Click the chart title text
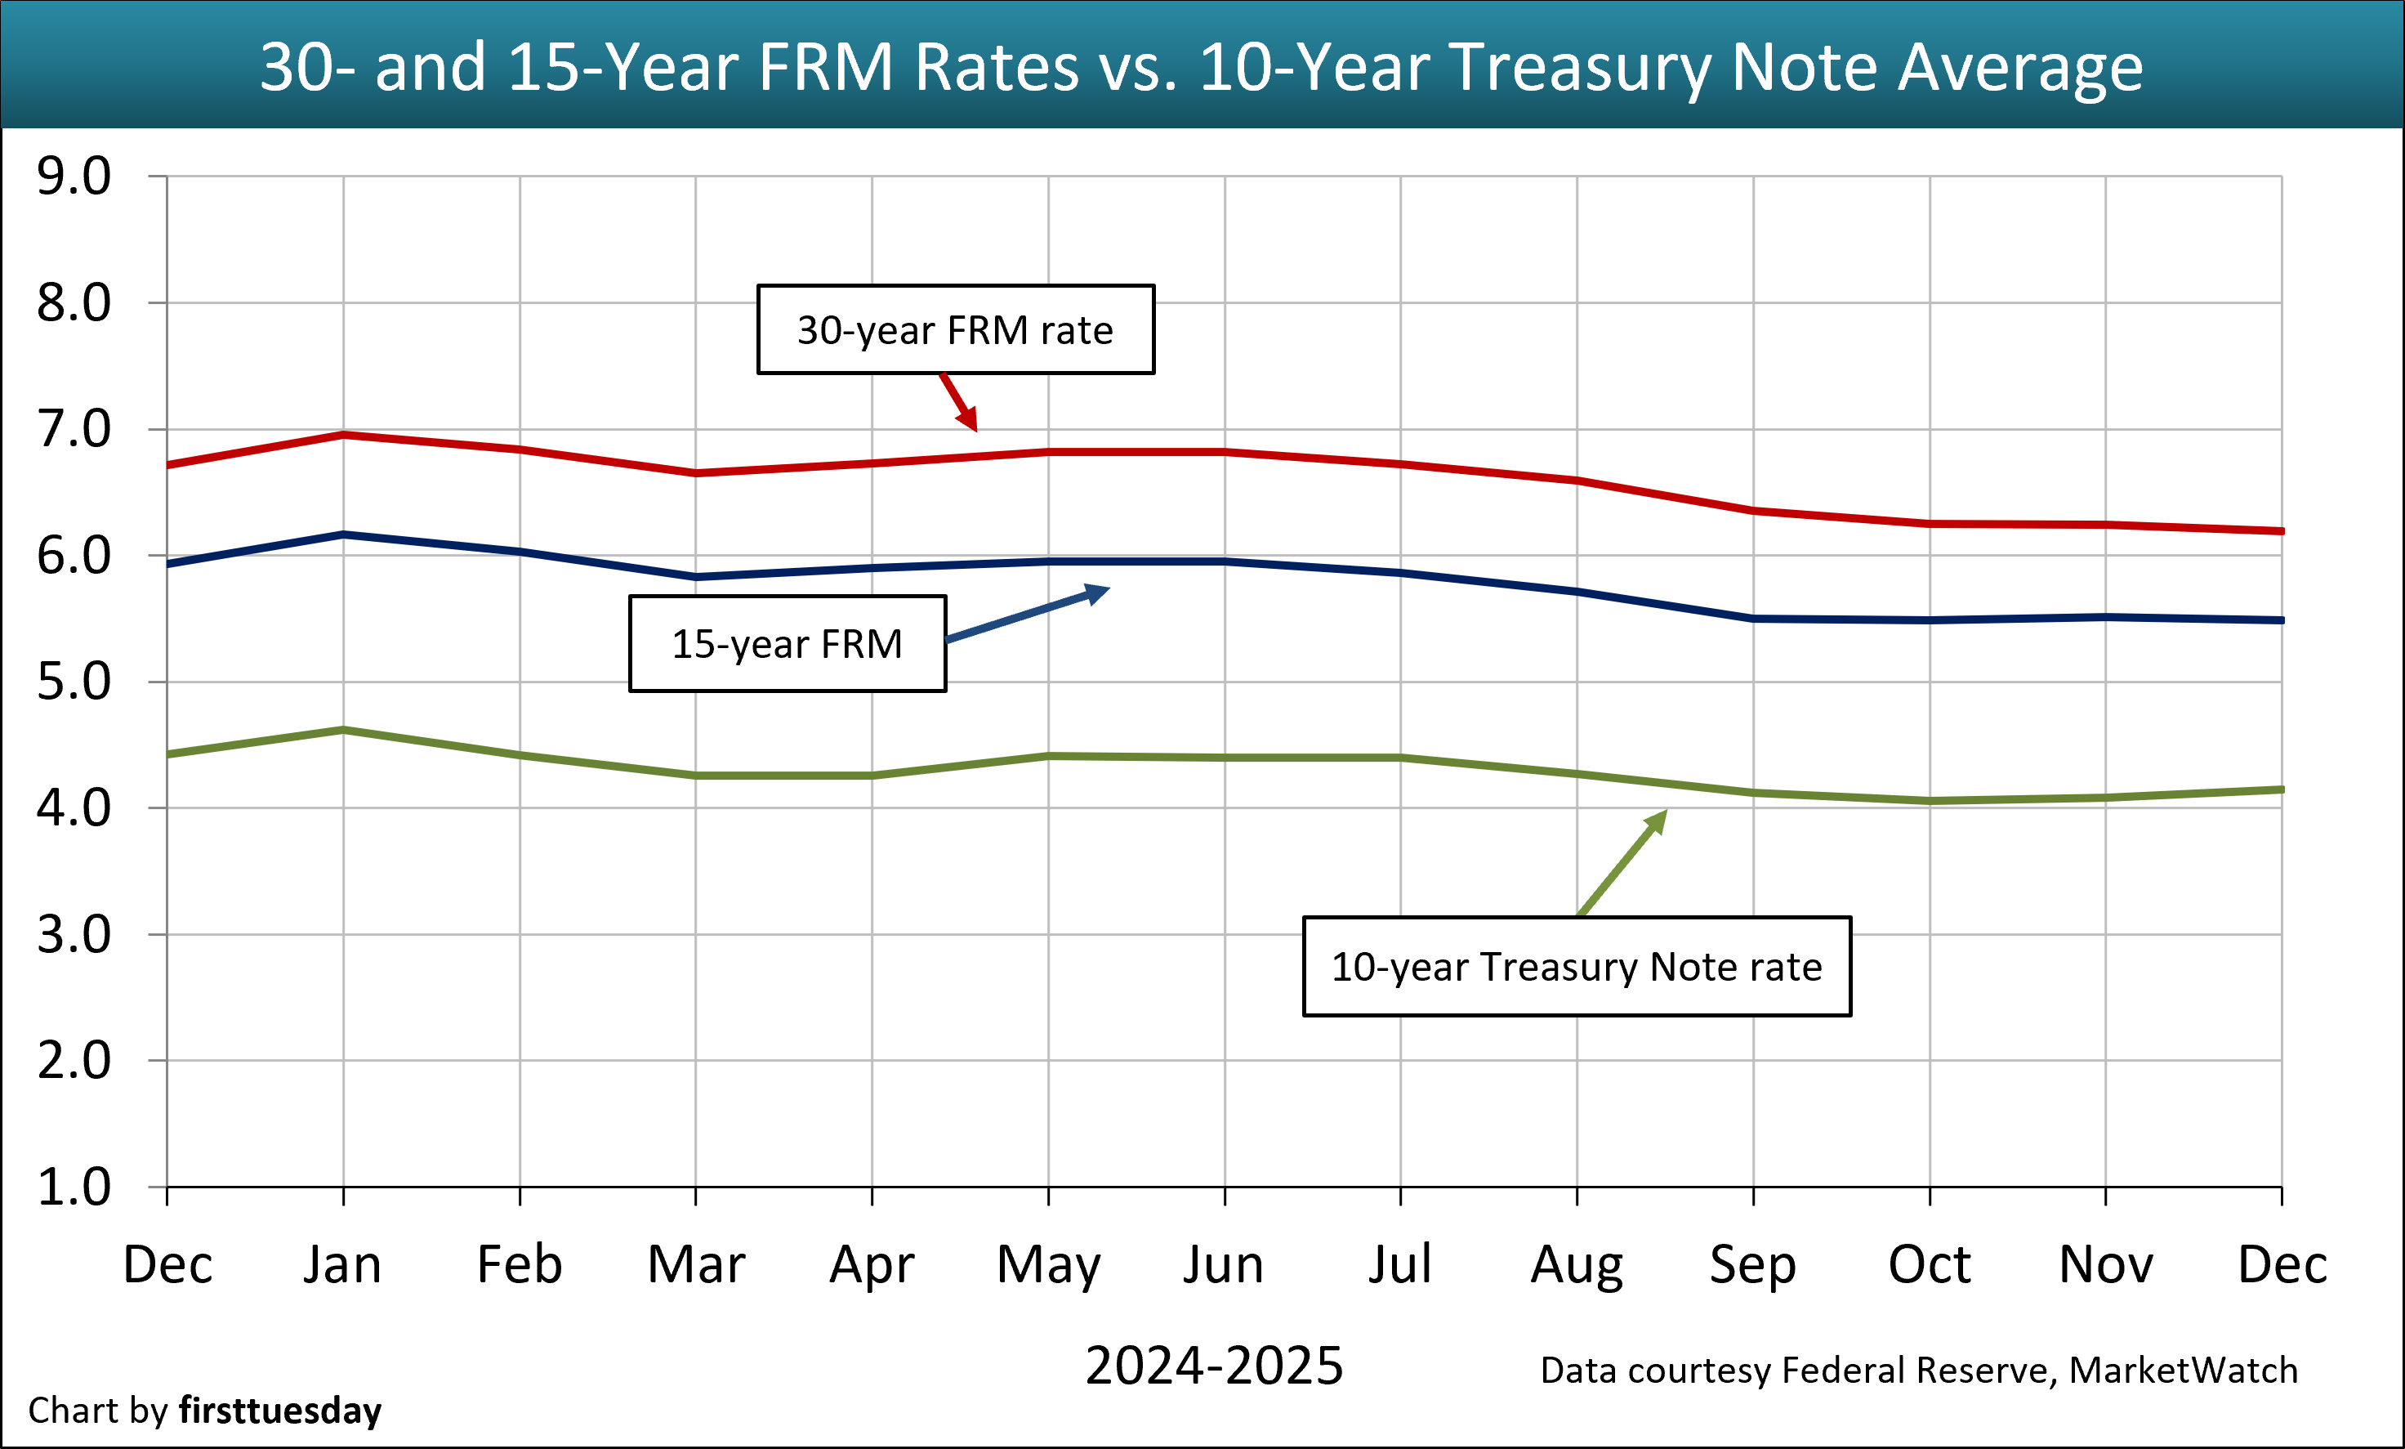[x=1201, y=66]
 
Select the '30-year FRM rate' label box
[x=955, y=330]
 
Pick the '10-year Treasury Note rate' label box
[x=1577, y=967]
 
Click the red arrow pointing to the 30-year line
[x=959, y=402]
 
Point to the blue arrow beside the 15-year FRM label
[x=1030, y=615]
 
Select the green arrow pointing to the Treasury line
[x=1623, y=862]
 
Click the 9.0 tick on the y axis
[x=74, y=177]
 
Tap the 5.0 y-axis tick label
[x=74, y=682]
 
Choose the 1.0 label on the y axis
[x=74, y=1187]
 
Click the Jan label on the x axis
[x=342, y=1265]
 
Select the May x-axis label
[x=1048, y=1265]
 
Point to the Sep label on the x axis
[x=1753, y=1265]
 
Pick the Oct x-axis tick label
[x=1930, y=1265]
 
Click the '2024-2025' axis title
[x=1214, y=1365]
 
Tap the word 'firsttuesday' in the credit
[x=280, y=1411]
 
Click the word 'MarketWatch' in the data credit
[x=2184, y=1371]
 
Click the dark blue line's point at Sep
[x=1754, y=618]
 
